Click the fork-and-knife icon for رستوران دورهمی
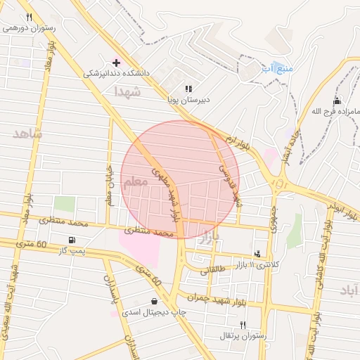tap(29, 18)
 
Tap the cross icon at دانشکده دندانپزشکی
tap(117, 63)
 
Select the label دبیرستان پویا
tap(188, 100)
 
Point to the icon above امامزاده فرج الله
tap(337, 101)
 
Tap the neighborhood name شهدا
tap(129, 91)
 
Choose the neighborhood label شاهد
tap(27, 132)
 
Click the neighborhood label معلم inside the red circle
tap(135, 182)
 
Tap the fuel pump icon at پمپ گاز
tap(72, 240)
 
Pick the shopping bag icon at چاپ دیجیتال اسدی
tap(154, 302)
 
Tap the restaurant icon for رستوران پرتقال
tap(243, 325)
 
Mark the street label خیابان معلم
tap(109, 185)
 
